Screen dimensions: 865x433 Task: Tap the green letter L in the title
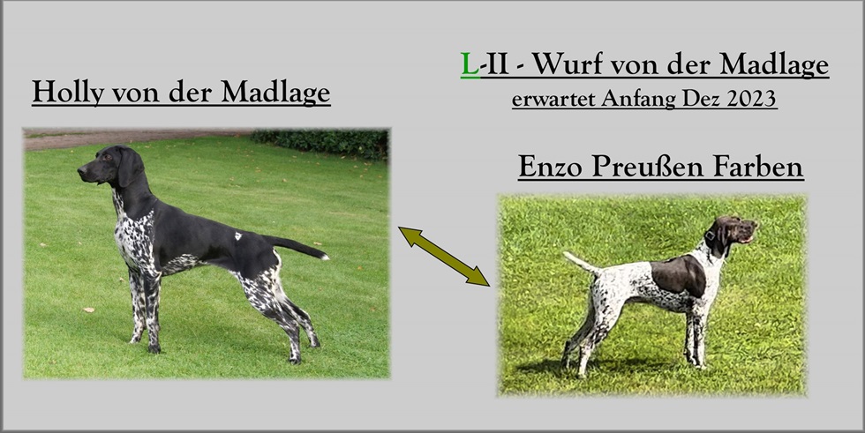click(x=470, y=64)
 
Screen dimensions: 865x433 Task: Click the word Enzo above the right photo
click(x=550, y=167)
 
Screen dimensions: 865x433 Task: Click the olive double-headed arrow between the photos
click(x=444, y=256)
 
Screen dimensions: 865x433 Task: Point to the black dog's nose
click(x=81, y=171)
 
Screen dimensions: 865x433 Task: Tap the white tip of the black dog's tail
click(x=324, y=256)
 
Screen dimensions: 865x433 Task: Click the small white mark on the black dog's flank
click(x=238, y=235)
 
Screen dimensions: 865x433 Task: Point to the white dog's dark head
click(x=733, y=234)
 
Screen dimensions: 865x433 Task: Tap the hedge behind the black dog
click(x=320, y=143)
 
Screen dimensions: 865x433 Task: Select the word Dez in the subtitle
click(x=701, y=99)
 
